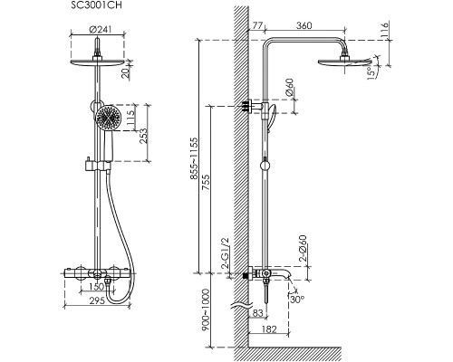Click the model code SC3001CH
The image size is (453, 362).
96,5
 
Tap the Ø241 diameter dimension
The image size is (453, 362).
101,30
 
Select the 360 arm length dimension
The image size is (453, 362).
304,25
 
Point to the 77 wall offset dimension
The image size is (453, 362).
257,25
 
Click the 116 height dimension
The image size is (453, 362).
384,29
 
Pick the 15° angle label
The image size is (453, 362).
371,73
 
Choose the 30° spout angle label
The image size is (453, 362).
297,300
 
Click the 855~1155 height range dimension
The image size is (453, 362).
194,158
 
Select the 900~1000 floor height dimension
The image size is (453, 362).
206,310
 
